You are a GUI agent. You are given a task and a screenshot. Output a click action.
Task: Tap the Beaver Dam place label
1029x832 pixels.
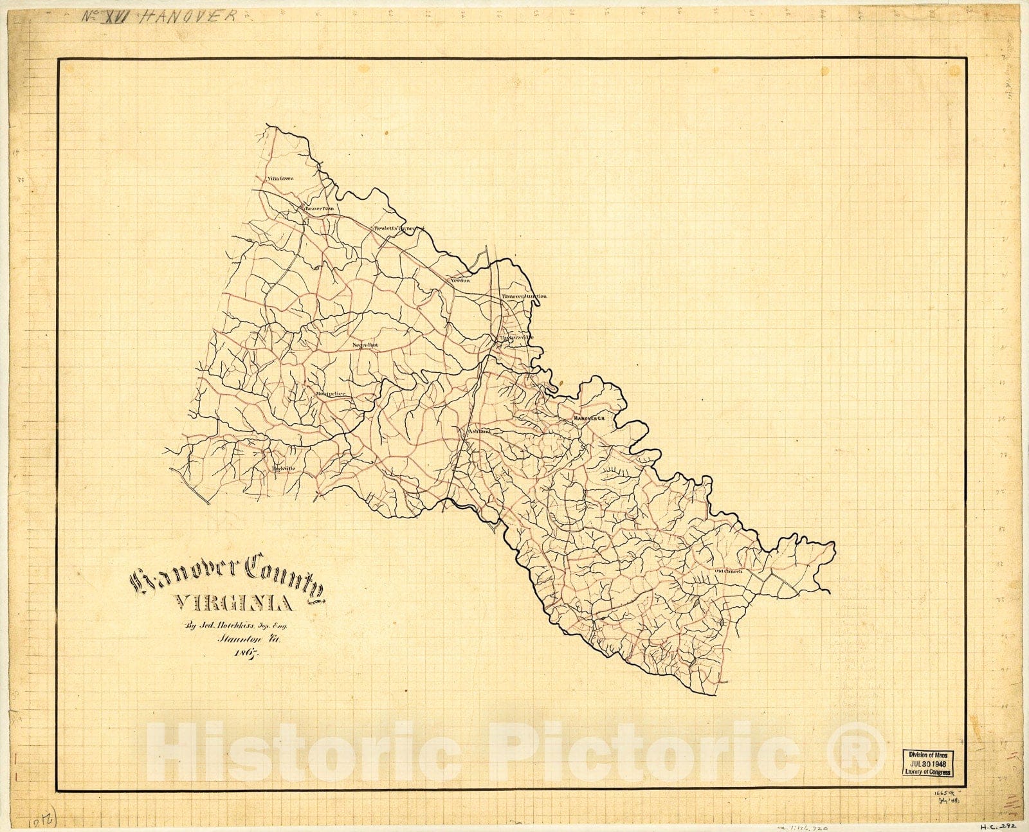point(320,208)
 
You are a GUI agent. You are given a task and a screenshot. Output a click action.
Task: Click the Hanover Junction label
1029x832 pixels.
point(524,296)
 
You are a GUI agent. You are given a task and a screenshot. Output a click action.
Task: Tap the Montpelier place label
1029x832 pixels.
point(331,393)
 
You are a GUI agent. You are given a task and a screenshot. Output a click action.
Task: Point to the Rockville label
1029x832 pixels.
point(283,469)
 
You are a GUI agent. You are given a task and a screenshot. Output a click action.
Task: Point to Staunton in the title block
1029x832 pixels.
point(237,638)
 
